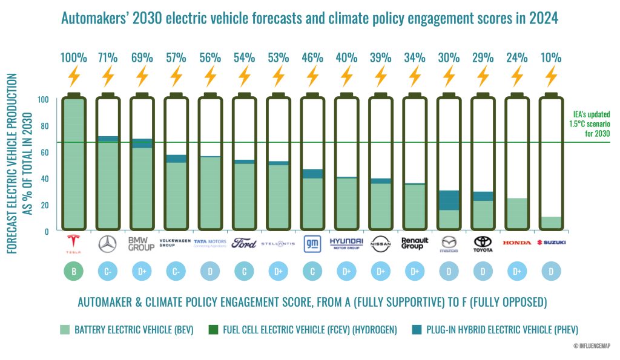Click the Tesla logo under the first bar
[x=74, y=244]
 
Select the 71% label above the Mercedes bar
[x=107, y=58]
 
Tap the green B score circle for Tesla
[x=74, y=272]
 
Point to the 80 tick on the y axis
[x=44, y=126]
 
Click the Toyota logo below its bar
[x=483, y=244]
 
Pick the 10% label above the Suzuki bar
[x=550, y=58]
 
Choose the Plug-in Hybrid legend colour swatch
[x=416, y=330]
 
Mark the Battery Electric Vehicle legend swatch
[x=65, y=330]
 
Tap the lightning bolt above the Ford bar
[x=244, y=77]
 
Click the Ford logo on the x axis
[x=244, y=243]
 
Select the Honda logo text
[x=516, y=243]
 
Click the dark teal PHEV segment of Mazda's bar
[x=449, y=200]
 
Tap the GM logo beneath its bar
[x=312, y=243]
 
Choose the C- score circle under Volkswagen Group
[x=176, y=272]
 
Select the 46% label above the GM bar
[x=312, y=58]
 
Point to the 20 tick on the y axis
[x=44, y=205]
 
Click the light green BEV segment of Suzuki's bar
[x=550, y=222]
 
